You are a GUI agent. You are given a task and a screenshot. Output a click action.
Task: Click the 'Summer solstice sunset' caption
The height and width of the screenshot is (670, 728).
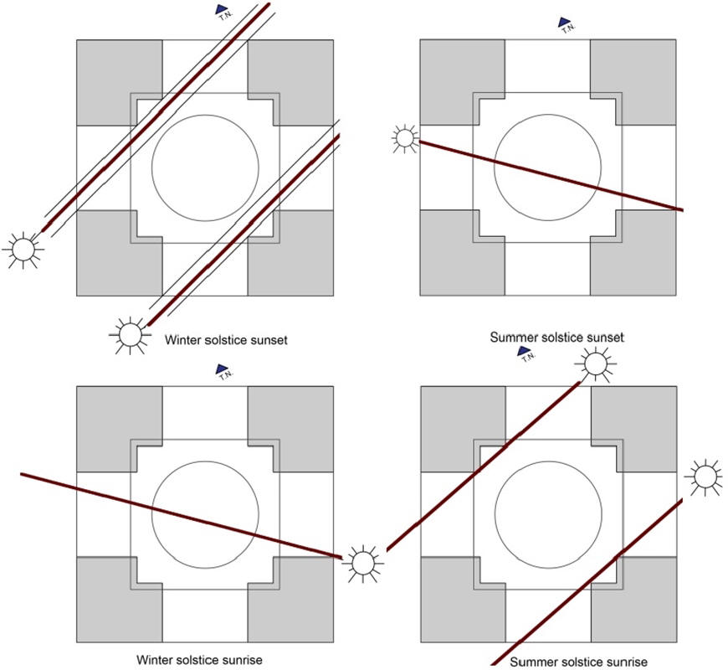(x=556, y=338)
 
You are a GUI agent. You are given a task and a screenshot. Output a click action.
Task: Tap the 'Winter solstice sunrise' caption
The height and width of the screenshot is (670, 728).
(x=203, y=660)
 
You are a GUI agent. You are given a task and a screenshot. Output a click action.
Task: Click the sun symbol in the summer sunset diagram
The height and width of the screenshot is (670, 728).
(x=406, y=138)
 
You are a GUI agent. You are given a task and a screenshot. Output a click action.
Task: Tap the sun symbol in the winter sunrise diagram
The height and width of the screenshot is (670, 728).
(x=361, y=561)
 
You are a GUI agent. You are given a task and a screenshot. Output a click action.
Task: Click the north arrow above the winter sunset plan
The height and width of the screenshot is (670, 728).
(x=223, y=10)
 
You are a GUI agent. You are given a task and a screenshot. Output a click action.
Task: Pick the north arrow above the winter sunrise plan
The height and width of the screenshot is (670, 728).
(x=223, y=368)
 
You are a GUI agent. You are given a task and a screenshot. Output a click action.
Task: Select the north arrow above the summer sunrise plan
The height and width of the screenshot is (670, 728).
(x=525, y=351)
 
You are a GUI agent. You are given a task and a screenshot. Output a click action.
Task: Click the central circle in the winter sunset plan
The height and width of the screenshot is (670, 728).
(x=205, y=167)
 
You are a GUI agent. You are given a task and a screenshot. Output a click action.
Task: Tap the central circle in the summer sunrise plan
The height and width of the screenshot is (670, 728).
(x=549, y=511)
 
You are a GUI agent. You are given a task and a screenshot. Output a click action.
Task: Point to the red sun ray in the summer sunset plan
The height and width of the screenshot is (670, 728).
(x=552, y=176)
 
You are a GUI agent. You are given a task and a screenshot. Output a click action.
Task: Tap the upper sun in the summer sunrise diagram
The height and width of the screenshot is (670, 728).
(x=595, y=364)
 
